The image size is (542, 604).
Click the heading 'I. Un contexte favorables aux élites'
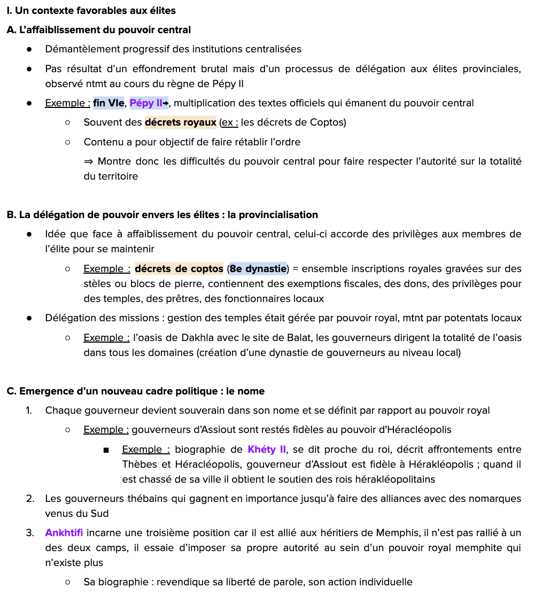tap(91, 11)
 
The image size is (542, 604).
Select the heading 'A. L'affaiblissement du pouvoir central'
tap(99, 30)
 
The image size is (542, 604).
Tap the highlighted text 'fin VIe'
tap(109, 103)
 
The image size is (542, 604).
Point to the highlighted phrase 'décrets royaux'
tap(180, 122)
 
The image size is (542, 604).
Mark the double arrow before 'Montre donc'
tap(89, 161)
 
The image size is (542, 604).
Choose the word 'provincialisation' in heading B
tap(273, 215)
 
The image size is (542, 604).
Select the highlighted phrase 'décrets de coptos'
tap(179, 269)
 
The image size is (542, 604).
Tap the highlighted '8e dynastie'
tap(258, 269)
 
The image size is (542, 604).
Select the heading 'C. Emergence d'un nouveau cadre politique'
tap(135, 391)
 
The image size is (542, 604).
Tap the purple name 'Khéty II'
tap(267, 450)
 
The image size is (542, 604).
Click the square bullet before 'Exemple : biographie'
tap(106, 450)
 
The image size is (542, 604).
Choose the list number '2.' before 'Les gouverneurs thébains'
tap(30, 499)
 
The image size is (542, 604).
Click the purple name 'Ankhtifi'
tap(64, 533)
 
